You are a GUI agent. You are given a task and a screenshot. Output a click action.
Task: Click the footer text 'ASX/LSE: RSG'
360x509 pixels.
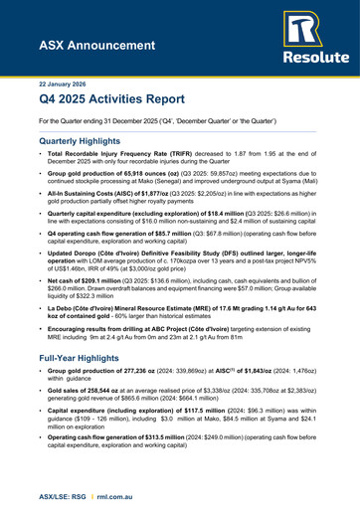(37, 490)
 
